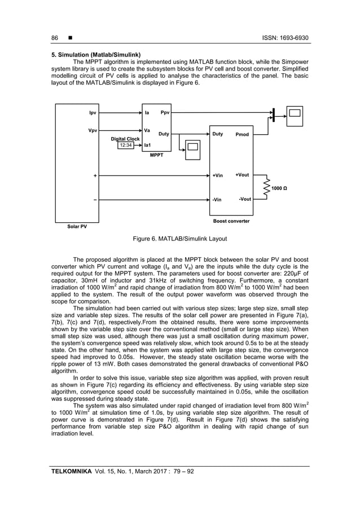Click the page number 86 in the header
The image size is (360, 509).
coord(55,38)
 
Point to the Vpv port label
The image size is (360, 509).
coord(92,130)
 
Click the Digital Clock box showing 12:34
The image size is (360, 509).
coord(125,145)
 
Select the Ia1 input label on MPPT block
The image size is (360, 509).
coord(148,145)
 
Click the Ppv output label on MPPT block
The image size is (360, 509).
coord(165,113)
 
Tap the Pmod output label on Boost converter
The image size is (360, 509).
coord(242,135)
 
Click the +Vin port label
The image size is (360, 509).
coord(217,175)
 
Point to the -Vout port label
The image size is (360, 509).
coord(244,199)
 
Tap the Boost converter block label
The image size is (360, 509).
coord(230,221)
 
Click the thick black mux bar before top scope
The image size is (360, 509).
coord(273,115)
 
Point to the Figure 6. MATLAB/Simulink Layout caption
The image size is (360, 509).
coord(179,239)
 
